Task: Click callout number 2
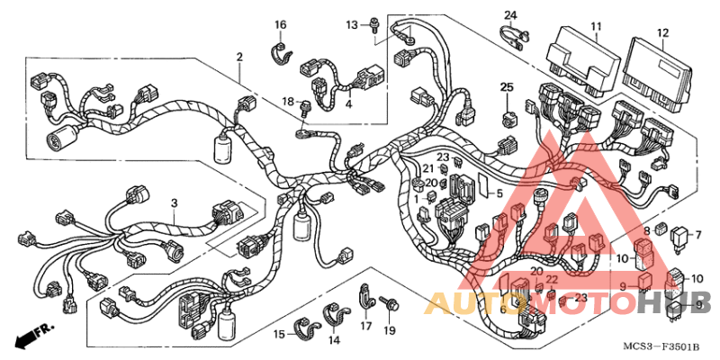pos(240,58)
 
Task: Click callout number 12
pos(662,33)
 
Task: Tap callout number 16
pos(280,23)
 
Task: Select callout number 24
pos(510,15)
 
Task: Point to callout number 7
pos(697,235)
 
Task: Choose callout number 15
pos(280,335)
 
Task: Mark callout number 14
pos(334,340)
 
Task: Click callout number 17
pos(366,326)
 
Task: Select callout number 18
pos(289,102)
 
